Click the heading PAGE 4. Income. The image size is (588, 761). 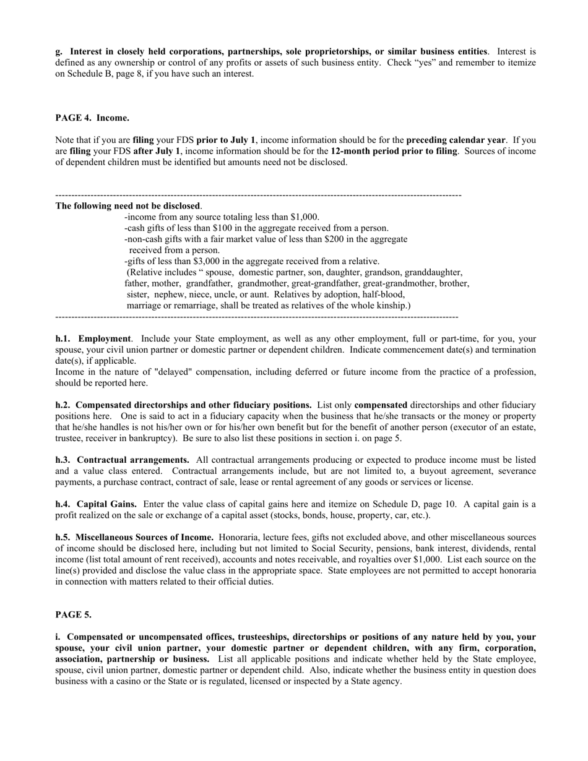click(92, 118)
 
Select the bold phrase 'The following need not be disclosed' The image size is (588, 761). click(128, 205)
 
